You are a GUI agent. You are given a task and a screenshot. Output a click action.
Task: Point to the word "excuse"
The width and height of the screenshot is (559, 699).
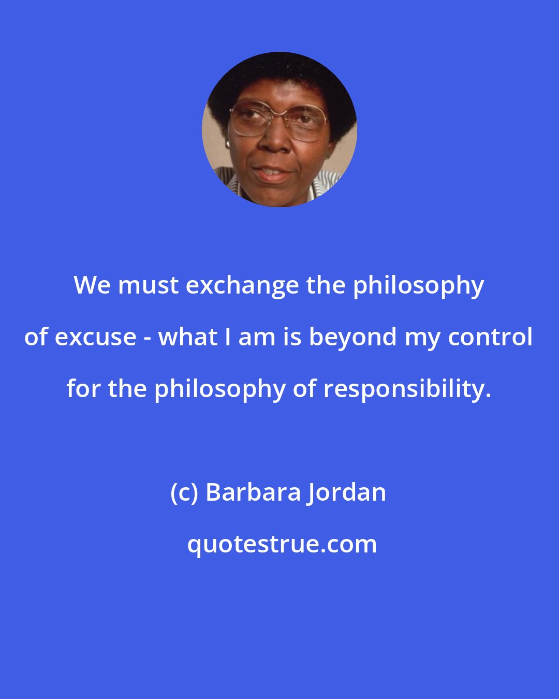coord(95,338)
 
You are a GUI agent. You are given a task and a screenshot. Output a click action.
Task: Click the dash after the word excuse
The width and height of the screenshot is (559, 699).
coord(148,338)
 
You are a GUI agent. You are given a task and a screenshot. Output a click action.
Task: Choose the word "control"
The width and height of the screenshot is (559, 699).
coord(490,337)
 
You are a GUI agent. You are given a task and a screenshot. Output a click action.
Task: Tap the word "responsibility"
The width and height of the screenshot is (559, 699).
coord(404,389)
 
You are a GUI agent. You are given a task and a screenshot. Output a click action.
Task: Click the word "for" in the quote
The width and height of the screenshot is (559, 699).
coord(83,388)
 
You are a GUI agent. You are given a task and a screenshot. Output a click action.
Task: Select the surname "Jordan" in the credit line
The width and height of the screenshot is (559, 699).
coord(348,492)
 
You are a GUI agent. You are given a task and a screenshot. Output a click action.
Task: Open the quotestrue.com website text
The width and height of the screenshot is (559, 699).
coord(282,544)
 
